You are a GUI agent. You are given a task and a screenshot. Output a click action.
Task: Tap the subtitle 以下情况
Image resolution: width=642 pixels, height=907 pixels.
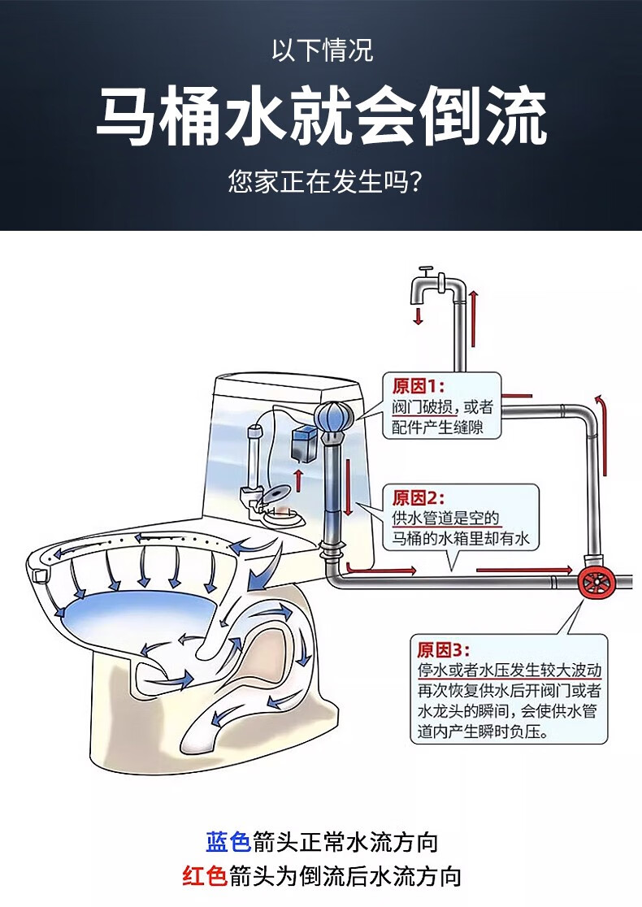(x=322, y=51)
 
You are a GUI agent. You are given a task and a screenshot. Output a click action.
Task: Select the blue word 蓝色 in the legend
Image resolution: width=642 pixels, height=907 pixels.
(x=228, y=841)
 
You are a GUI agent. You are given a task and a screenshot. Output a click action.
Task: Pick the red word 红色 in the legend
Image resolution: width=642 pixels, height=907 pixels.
(x=204, y=876)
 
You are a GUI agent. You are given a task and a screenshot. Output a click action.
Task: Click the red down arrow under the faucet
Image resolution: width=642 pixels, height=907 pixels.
(x=419, y=316)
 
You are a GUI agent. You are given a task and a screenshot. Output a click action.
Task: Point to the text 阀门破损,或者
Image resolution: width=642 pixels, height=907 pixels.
(x=442, y=407)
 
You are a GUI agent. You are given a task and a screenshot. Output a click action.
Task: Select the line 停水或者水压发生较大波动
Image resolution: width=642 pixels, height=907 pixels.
(x=510, y=670)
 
